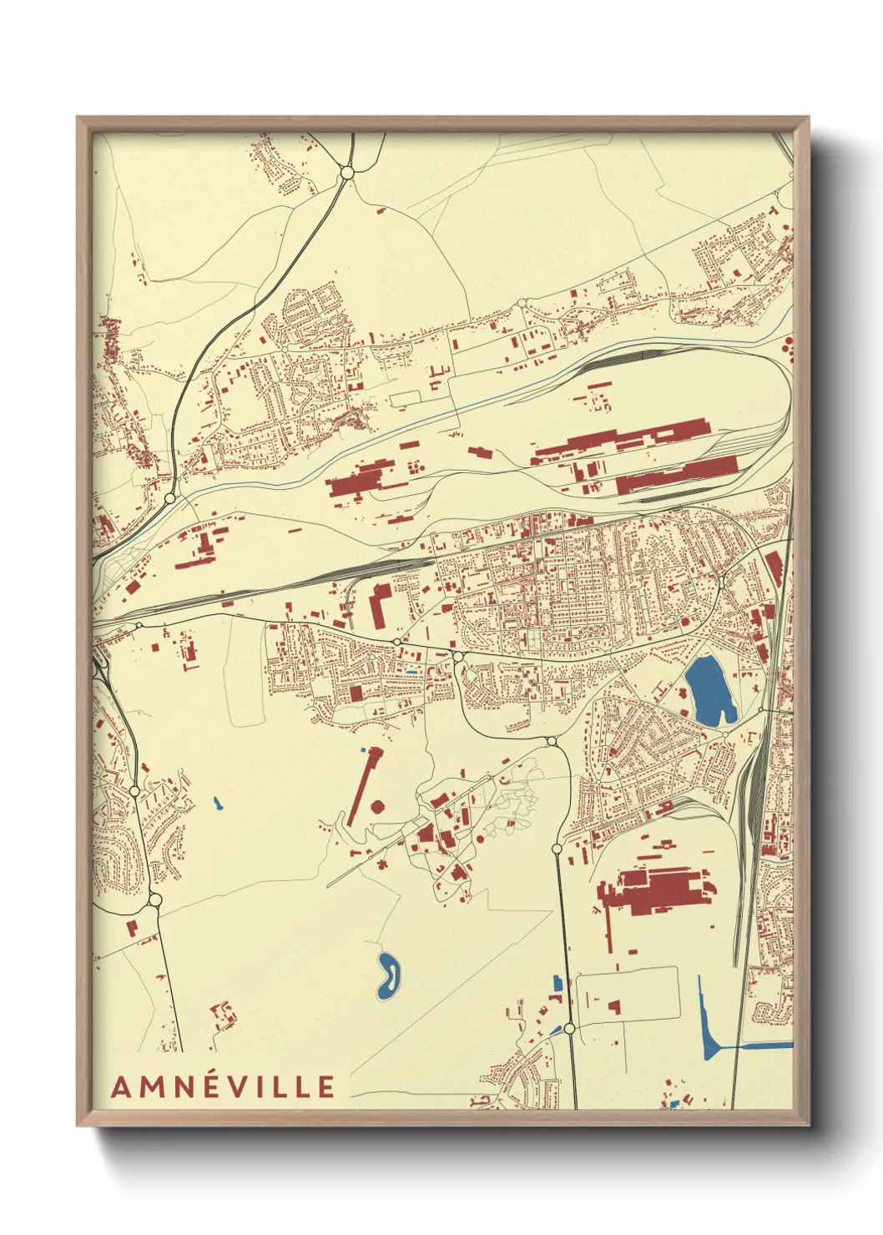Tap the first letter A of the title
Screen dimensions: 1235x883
[x=121, y=1086]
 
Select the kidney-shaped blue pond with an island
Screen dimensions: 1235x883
[x=388, y=975]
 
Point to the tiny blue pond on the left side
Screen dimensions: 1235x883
[x=218, y=804]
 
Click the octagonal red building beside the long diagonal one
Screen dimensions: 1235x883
[x=378, y=808]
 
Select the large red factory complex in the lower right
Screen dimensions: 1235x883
[x=659, y=891]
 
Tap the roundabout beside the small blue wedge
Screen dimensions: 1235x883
[x=569, y=1029]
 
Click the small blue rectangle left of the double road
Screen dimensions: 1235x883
[x=557, y=984]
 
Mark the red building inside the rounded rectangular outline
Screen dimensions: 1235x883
[x=614, y=1006]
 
